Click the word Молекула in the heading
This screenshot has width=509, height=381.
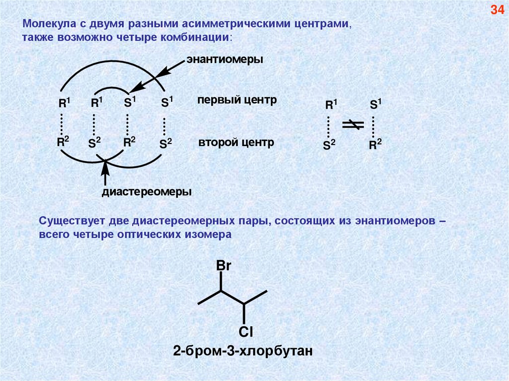point(44,24)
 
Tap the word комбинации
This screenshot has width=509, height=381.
point(204,37)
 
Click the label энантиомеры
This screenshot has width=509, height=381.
point(224,59)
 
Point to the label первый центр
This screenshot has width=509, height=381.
point(236,100)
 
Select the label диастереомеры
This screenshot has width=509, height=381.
point(147,191)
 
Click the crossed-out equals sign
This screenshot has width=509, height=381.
point(353,125)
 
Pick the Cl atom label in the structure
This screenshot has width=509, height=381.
point(246,331)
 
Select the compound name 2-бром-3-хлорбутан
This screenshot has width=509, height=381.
point(243,352)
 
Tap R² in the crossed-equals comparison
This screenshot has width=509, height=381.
point(375,145)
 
